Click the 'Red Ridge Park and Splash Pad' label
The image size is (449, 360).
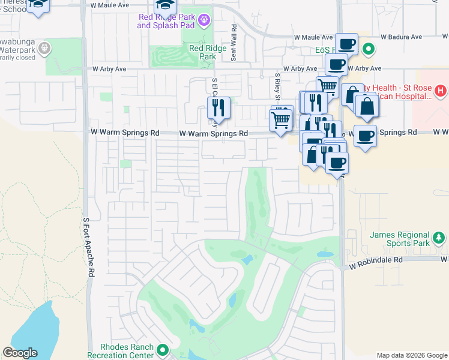pos(167,21)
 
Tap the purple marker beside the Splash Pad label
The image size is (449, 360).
pos(205,21)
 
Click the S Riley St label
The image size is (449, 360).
pos(277,88)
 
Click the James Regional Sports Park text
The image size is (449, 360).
pos(400,239)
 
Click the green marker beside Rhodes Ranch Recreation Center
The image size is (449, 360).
pos(161,349)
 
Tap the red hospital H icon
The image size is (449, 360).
pos(441,91)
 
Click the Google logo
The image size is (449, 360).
pos(20,353)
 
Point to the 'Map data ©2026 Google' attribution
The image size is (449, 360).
pos(411,355)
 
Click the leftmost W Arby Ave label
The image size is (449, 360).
pos(109,69)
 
